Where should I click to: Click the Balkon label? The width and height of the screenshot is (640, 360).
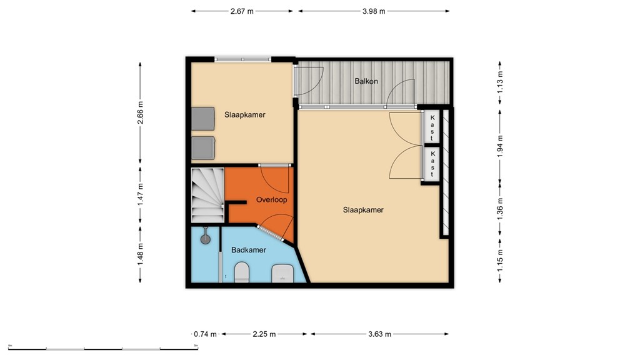point(365,81)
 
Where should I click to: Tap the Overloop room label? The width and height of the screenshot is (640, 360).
point(271,200)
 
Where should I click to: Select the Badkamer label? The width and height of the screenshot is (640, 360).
point(249,250)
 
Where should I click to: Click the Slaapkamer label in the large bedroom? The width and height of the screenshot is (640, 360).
point(363,210)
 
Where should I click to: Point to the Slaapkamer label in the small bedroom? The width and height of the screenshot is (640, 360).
point(245,114)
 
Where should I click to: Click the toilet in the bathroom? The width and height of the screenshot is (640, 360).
point(241,272)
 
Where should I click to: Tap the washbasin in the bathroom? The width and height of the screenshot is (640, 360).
point(283,272)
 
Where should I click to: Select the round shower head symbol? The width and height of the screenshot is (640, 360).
point(206,238)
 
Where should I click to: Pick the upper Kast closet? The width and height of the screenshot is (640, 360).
point(431,127)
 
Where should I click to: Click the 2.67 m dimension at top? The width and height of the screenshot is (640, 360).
point(242,11)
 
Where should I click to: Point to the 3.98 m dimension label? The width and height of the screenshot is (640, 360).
point(374,11)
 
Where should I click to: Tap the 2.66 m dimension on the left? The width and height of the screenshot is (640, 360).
point(140,112)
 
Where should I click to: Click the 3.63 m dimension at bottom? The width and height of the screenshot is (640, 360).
point(379,334)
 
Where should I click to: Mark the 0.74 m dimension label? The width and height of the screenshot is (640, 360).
point(204,334)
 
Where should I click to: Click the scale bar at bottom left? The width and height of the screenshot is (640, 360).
point(103,347)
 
